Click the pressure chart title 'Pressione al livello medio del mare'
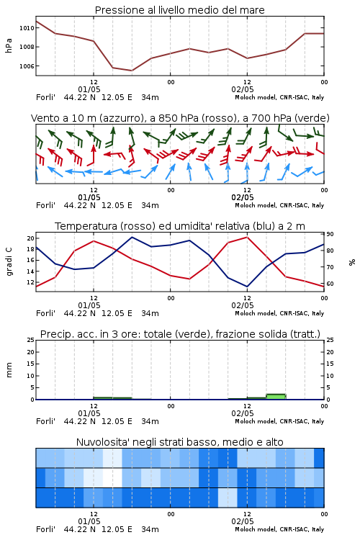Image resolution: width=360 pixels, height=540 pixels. point(179,10)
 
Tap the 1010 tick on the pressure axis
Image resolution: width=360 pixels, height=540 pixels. point(27,28)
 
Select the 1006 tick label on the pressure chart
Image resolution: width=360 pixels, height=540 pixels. point(27,66)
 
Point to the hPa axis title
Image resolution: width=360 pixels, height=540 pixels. point(9,45)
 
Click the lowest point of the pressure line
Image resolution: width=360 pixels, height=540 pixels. point(132,71)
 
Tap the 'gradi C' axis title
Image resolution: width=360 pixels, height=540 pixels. point(9,261)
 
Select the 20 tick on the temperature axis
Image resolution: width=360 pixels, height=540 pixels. point(30,238)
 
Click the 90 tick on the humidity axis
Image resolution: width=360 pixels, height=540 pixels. point(330,234)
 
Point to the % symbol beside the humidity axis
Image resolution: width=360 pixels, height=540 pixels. point(352,262)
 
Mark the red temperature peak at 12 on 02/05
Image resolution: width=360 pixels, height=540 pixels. point(247,237)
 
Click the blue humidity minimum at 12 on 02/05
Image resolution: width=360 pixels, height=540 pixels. point(247,287)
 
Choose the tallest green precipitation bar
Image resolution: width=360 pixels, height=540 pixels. point(276,397)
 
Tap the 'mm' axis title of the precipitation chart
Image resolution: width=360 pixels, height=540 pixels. point(9,369)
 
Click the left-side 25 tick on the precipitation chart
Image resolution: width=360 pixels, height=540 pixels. point(30,340)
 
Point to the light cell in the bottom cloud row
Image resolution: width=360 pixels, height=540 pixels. point(228,498)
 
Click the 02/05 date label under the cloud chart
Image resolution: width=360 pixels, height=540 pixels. point(243,521)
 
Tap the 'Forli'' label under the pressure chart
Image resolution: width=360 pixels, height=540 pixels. point(45,97)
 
